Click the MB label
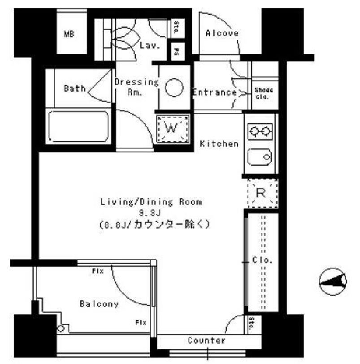click(69, 34)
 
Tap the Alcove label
click(222, 33)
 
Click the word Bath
click(74, 88)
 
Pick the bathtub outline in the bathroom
click(78, 127)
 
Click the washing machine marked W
click(173, 128)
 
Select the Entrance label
click(214, 93)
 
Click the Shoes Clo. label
click(264, 93)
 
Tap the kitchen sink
click(261, 156)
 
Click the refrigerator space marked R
click(262, 193)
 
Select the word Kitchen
click(219, 144)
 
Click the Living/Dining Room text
click(151, 202)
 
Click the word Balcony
click(99, 304)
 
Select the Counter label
click(207, 341)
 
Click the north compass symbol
click(333, 282)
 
